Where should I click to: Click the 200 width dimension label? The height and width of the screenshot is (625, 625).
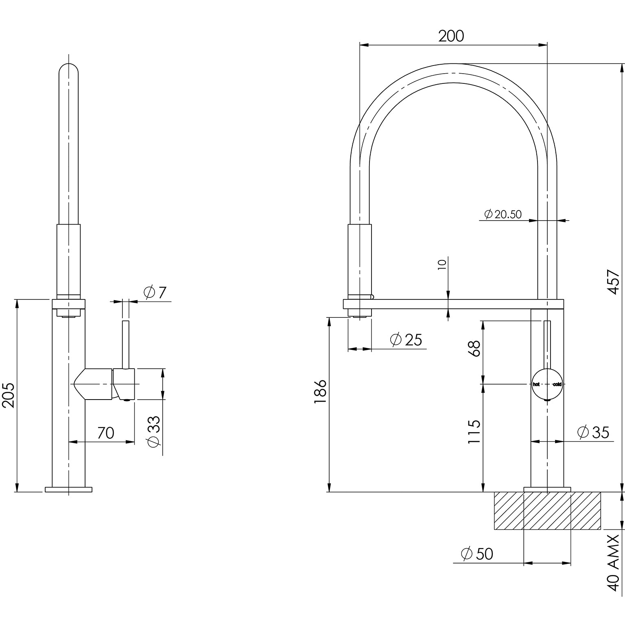pyautogui.click(x=451, y=36)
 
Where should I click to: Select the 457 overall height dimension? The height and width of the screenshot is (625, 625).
pyautogui.click(x=613, y=282)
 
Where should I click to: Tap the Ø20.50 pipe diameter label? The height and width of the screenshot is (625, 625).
pyautogui.click(x=503, y=214)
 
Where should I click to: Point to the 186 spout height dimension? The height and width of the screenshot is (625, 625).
pyautogui.click(x=320, y=391)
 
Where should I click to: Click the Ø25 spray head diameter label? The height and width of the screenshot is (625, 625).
pyautogui.click(x=406, y=340)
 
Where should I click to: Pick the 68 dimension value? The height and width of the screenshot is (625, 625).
pyautogui.click(x=474, y=349)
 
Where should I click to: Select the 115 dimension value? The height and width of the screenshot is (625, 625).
pyautogui.click(x=474, y=432)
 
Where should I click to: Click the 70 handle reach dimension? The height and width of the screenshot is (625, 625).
pyautogui.click(x=106, y=433)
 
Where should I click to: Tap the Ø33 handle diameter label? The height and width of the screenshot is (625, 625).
pyautogui.click(x=154, y=432)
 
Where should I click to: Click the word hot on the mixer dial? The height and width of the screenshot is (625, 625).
pyautogui.click(x=536, y=384)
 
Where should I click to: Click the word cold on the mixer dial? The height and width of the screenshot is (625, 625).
pyautogui.click(x=557, y=384)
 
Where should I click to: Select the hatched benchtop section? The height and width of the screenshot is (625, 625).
pyautogui.click(x=547, y=511)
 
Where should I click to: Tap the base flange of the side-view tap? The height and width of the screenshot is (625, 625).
pyautogui.click(x=69, y=489)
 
